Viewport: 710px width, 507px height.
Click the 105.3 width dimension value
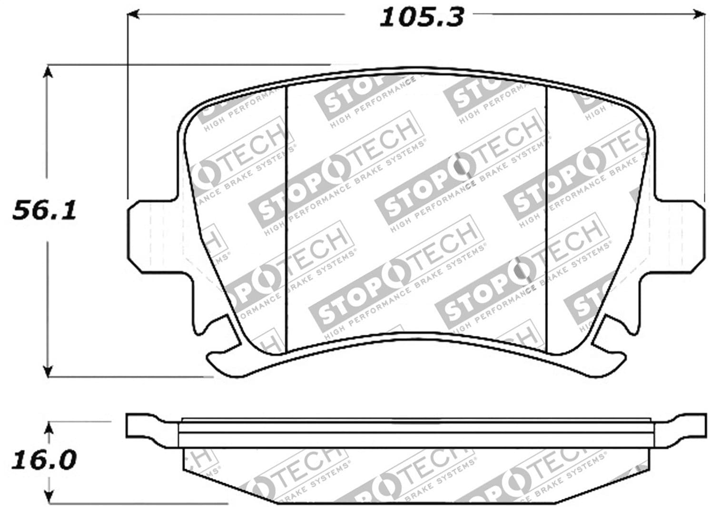[x=421, y=18]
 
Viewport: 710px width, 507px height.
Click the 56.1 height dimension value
[x=44, y=210]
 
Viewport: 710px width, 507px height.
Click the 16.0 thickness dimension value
[x=45, y=461]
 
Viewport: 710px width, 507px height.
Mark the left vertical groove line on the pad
[x=286, y=214]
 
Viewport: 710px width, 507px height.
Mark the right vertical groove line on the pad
[x=547, y=214]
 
